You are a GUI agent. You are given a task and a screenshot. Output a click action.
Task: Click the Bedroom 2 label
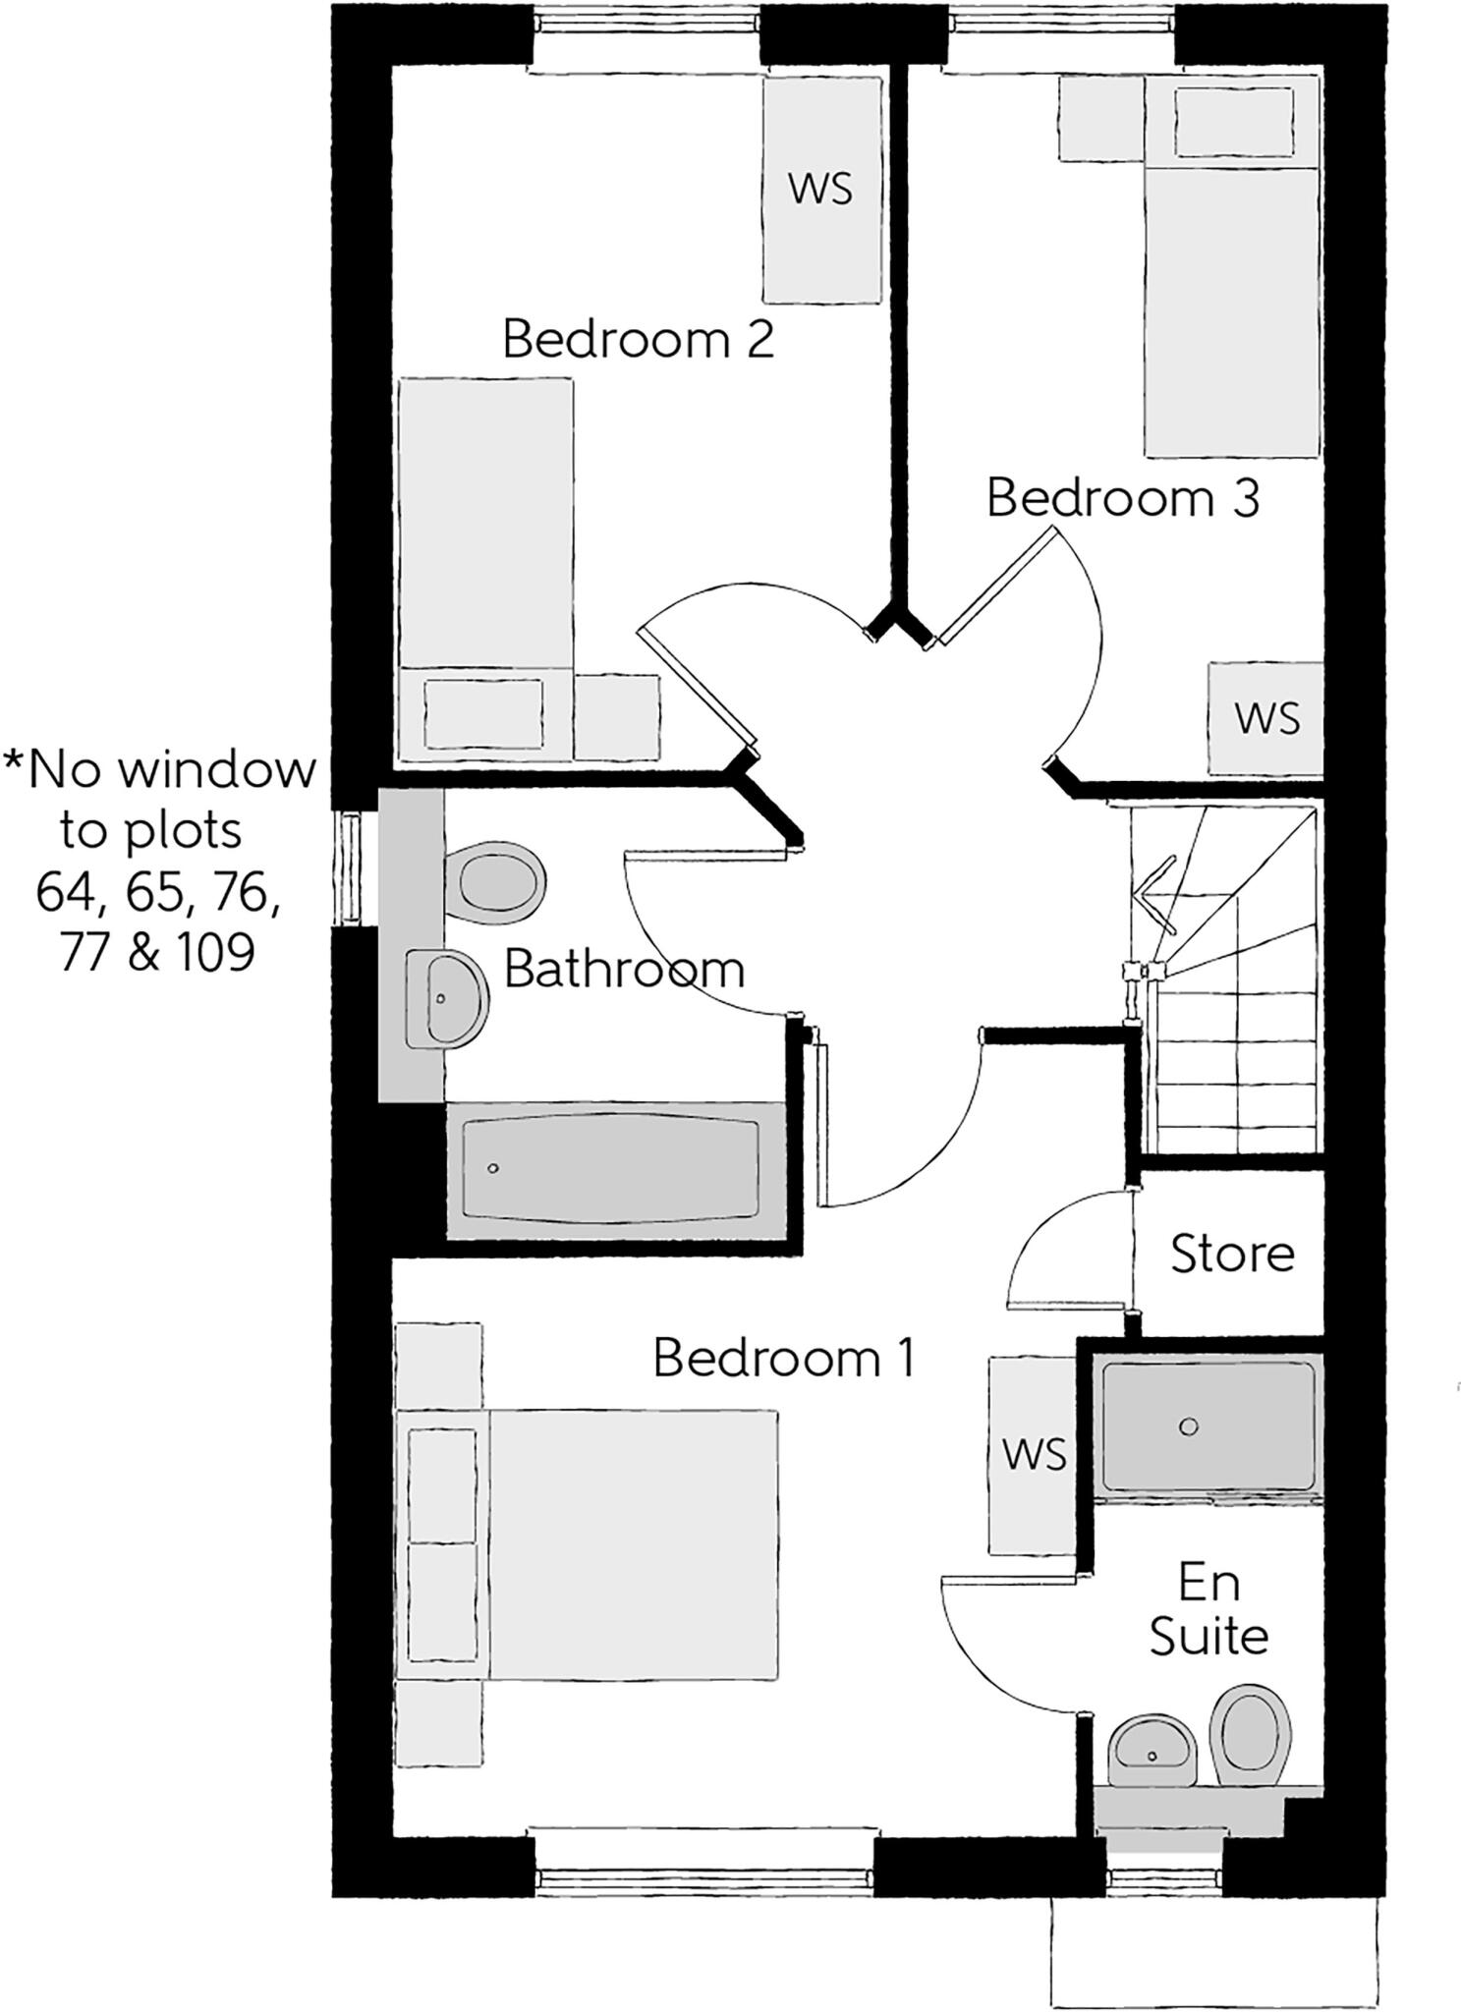pyautogui.click(x=638, y=340)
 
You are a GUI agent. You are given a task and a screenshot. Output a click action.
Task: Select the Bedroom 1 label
pyautogui.click(x=782, y=1359)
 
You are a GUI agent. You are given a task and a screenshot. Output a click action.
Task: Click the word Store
pyautogui.click(x=1232, y=1255)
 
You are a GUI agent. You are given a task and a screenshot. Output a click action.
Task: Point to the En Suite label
pyautogui.click(x=1208, y=1611)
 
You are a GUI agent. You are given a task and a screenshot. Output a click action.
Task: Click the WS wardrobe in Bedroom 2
pyautogui.click(x=821, y=189)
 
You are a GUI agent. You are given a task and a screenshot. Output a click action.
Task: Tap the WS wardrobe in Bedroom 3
pyautogui.click(x=1266, y=718)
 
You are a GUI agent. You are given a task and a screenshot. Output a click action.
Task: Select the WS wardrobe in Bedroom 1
pyautogui.click(x=1034, y=1453)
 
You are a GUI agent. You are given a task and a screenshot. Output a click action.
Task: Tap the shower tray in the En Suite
pyautogui.click(x=1208, y=1425)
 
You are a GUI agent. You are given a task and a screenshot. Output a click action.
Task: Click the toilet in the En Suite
pyautogui.click(x=1249, y=1734)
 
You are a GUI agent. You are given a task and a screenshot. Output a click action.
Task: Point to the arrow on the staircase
pyautogui.click(x=1152, y=894)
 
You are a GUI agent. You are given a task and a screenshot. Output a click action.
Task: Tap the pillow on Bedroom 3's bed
pyautogui.click(x=1233, y=122)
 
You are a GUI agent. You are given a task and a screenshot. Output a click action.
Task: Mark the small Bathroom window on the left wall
pyautogui.click(x=348, y=867)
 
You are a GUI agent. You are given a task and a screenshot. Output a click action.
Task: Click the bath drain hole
pyautogui.click(x=493, y=1168)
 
